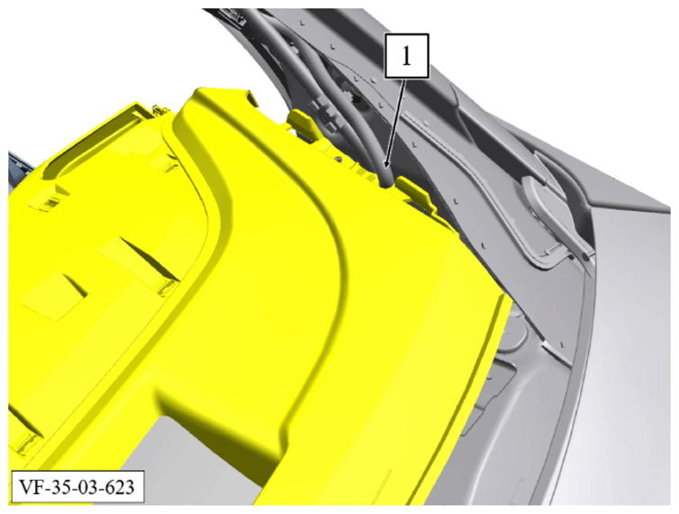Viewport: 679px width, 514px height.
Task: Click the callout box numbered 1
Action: coord(406,56)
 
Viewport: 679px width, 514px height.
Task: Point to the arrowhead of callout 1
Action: coord(386,162)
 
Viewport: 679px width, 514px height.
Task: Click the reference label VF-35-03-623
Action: coord(77,487)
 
